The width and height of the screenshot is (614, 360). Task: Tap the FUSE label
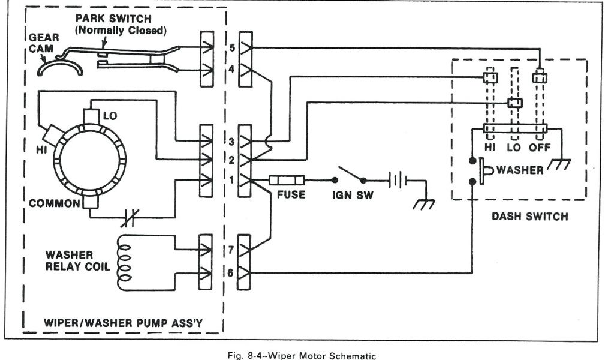pos(291,195)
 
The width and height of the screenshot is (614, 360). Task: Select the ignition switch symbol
pos(351,176)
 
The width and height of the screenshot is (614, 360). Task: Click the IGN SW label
pos(351,195)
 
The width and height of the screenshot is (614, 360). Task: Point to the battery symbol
pos(396,179)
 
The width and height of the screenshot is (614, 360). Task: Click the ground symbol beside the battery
pos(425,204)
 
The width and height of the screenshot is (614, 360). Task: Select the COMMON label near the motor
pos(54,203)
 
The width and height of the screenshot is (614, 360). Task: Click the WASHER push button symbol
pos(486,170)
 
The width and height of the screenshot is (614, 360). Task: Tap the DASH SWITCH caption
pos(529,217)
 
